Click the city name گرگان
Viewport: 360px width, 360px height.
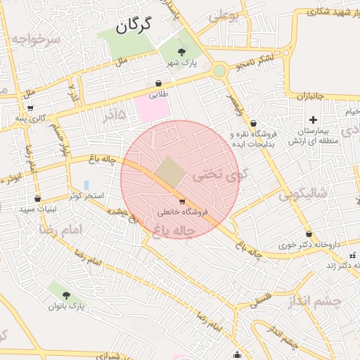pos(134,27)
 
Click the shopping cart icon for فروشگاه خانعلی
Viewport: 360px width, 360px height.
pos(183,202)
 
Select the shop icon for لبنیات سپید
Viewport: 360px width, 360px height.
pos(37,199)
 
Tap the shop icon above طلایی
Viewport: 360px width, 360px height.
pos(158,83)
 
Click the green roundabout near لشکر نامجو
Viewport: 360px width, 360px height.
pos(220,70)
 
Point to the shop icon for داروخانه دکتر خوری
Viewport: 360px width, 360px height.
pos(309,234)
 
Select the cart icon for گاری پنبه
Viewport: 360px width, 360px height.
pos(30,108)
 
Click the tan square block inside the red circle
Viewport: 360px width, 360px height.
pos(168,171)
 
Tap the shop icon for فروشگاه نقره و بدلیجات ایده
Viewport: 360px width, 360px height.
pos(254,123)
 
